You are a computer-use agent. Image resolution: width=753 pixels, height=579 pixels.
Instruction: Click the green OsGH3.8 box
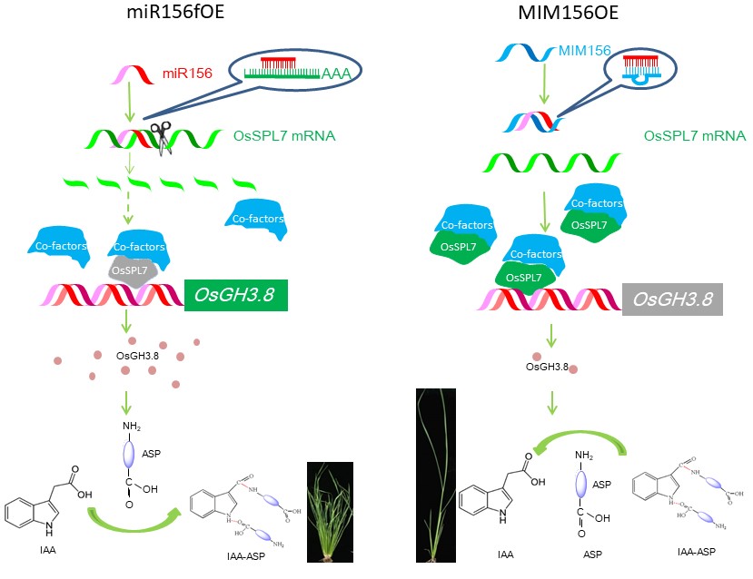click(236, 296)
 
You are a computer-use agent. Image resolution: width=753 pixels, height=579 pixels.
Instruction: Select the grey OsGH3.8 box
click(672, 299)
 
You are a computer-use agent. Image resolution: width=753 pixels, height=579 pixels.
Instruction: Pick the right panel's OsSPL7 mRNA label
click(695, 136)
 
